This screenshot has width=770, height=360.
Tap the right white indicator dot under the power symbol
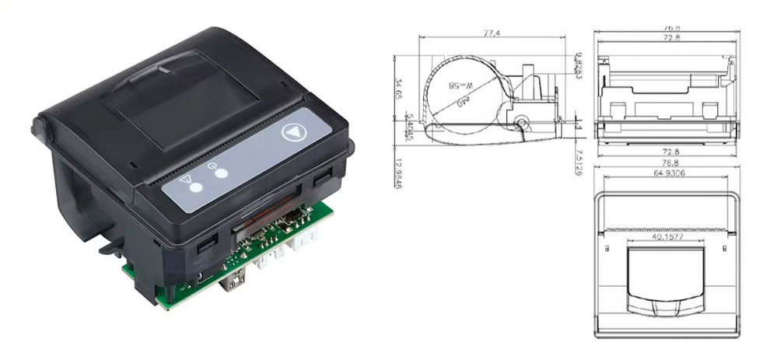click(222, 173)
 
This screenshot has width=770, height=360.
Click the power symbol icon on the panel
click(212, 164)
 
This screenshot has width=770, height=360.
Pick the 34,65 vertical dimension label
click(398, 92)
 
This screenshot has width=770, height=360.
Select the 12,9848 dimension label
click(398, 174)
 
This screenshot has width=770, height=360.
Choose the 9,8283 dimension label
click(579, 65)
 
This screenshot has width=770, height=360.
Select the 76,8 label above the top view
click(667, 164)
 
